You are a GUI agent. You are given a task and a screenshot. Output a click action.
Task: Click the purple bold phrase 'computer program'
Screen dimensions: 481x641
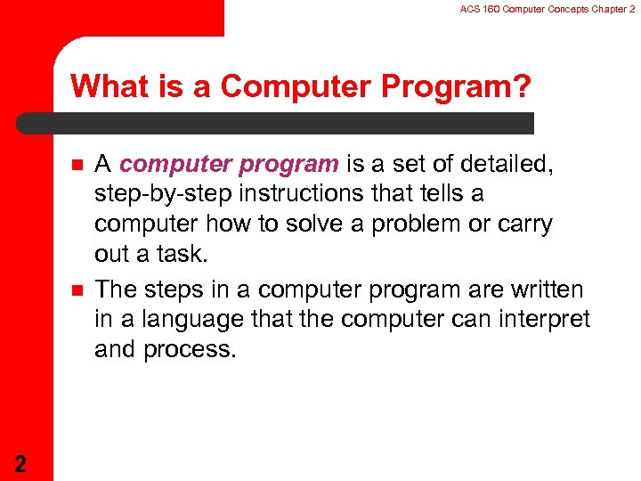(x=229, y=164)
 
